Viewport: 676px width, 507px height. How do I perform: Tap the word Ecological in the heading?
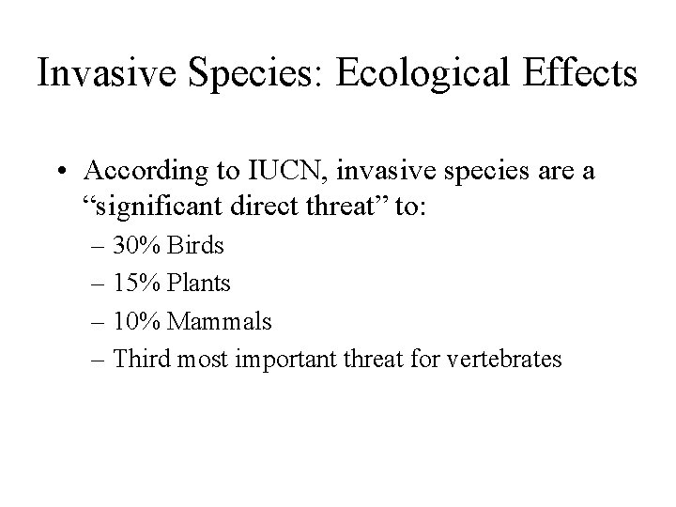(x=395, y=74)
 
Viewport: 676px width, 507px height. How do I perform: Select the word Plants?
(x=200, y=284)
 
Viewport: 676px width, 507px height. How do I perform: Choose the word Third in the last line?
(x=138, y=360)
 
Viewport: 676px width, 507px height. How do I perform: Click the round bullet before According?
(x=61, y=173)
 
